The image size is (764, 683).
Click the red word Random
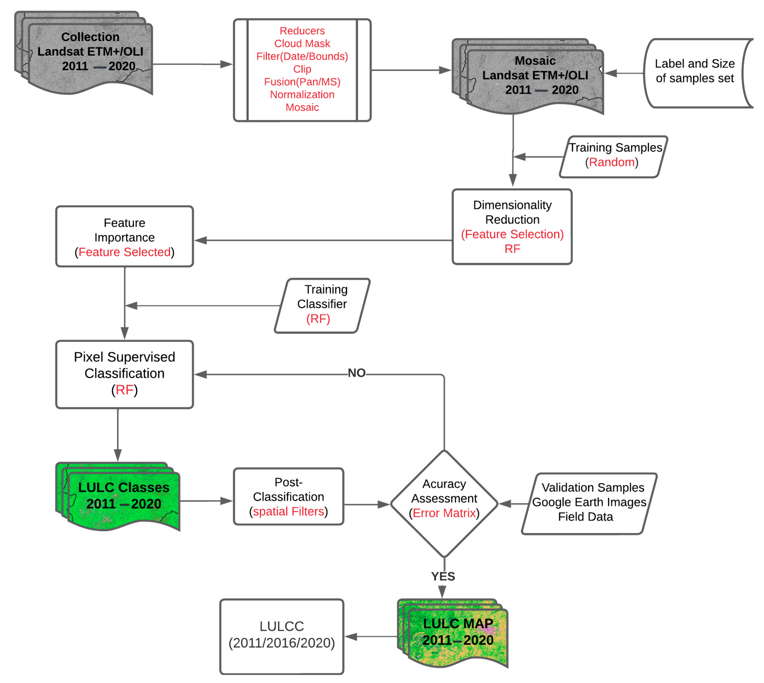(x=612, y=162)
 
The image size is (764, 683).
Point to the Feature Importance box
(x=124, y=236)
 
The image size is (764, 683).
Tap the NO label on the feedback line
(x=356, y=373)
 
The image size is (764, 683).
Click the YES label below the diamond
(x=443, y=576)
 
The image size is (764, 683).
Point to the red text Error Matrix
(x=444, y=513)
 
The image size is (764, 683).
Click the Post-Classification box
(x=288, y=497)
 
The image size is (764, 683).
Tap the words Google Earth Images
(x=589, y=502)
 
